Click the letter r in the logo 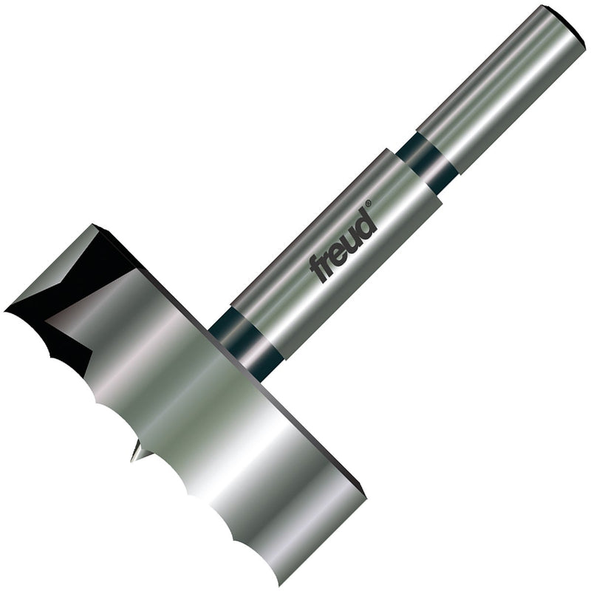click(x=328, y=259)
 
